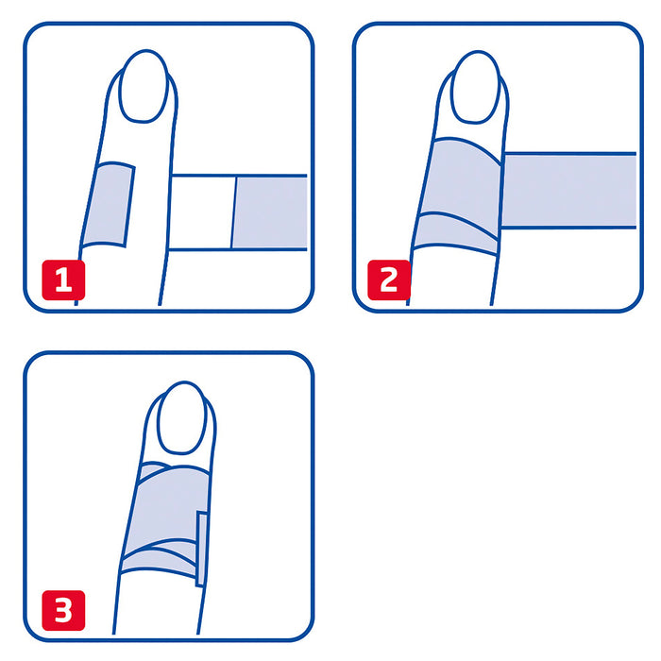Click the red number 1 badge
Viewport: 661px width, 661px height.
(x=63, y=280)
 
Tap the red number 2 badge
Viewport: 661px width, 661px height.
(x=389, y=280)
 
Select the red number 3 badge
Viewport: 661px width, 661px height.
(x=63, y=610)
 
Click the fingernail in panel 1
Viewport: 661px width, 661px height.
(x=144, y=87)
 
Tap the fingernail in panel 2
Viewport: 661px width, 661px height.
(x=476, y=87)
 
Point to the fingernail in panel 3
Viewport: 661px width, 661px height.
(x=181, y=417)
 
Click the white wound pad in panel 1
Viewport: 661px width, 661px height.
(x=201, y=212)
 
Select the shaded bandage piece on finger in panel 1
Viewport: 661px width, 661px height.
(x=108, y=204)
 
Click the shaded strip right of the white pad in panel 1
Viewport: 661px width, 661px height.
(x=270, y=212)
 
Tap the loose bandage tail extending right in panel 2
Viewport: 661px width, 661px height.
(x=568, y=191)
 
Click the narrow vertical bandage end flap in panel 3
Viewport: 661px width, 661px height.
(x=201, y=549)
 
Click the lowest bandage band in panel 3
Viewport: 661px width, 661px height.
(x=158, y=562)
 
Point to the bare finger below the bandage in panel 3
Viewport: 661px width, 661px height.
(x=158, y=602)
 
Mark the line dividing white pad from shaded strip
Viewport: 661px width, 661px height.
(x=234, y=212)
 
